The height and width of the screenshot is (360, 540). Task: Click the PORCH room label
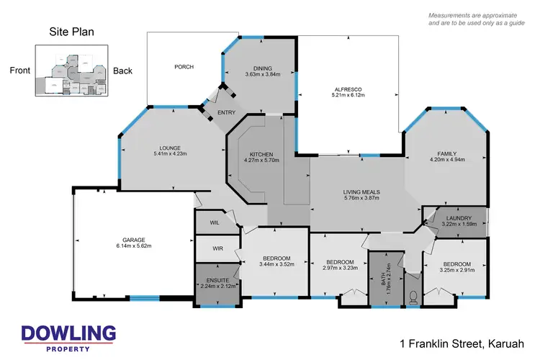click(x=184, y=67)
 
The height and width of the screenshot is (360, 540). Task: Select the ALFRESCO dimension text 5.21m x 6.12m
click(x=348, y=95)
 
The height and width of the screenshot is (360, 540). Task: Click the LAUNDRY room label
click(x=459, y=218)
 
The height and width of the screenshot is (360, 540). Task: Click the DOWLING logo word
click(x=68, y=333)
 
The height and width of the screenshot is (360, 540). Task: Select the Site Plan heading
click(x=71, y=32)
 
